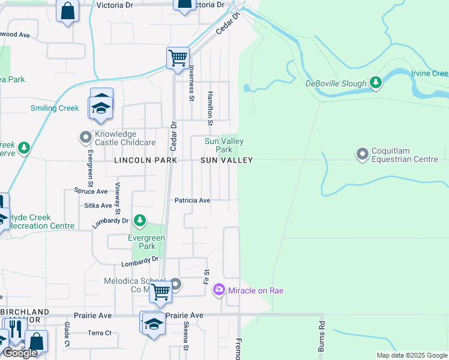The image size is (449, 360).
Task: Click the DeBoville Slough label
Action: pyautogui.click(x=335, y=83)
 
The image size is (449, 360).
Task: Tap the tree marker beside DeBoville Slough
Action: pyautogui.click(x=376, y=82)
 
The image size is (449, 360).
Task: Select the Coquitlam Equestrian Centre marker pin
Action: pyautogui.click(x=362, y=154)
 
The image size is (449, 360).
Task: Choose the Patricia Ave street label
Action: pyautogui.click(x=192, y=200)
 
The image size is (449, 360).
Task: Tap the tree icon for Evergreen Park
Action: pyautogui.click(x=139, y=222)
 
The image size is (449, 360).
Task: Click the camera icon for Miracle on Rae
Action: pyautogui.click(x=219, y=290)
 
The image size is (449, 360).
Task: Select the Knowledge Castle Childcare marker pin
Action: pyautogui.click(x=85, y=138)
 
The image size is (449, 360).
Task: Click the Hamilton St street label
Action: pyautogui.click(x=210, y=109)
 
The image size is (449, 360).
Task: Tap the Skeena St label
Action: pyautogui.click(x=185, y=340)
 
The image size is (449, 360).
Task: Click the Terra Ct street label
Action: pyautogui.click(x=100, y=333)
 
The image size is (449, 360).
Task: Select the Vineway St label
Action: pyautogui.click(x=118, y=199)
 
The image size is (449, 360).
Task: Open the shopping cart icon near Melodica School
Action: pyautogui.click(x=160, y=292)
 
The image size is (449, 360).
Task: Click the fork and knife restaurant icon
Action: pyautogui.click(x=14, y=329)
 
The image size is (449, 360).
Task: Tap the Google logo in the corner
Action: pyautogui.click(x=20, y=353)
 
